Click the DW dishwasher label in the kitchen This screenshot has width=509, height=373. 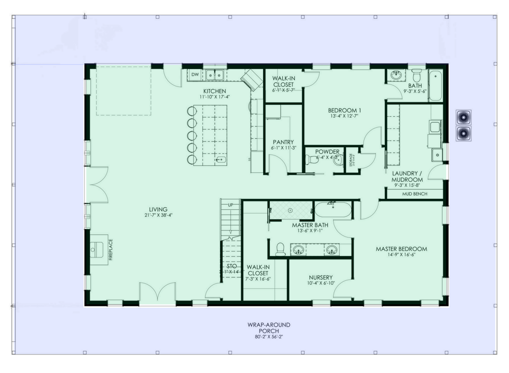pyautogui.click(x=195, y=75)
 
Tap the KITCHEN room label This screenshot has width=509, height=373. pyautogui.click(x=215, y=91)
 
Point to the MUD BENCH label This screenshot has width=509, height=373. pyautogui.click(x=414, y=194)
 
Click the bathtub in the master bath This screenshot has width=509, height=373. pyautogui.click(x=333, y=210)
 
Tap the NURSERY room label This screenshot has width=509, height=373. pyautogui.click(x=321, y=277)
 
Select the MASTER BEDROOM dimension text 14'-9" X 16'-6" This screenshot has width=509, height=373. pyautogui.click(x=401, y=255)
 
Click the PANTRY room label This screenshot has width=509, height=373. pyautogui.click(x=283, y=141)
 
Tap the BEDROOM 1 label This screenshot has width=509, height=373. pyautogui.click(x=345, y=111)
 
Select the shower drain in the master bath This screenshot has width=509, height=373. pyautogui.click(x=290, y=210)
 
